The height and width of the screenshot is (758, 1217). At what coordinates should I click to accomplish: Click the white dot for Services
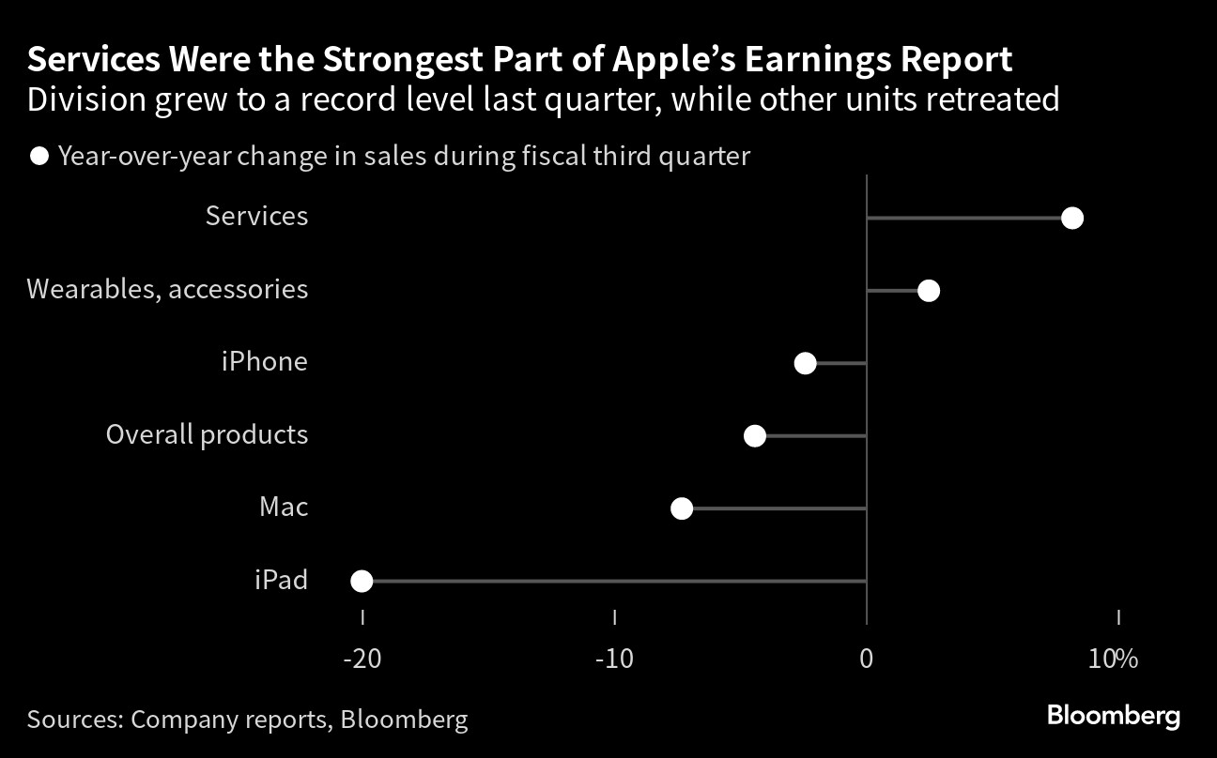coord(1072,219)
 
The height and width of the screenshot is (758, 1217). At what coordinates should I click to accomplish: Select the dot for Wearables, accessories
coord(929,291)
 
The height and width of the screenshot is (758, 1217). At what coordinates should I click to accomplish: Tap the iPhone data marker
coord(805,363)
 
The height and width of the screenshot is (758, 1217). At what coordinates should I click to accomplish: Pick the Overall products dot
coord(755,435)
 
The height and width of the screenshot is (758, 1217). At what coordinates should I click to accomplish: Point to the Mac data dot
coord(682,508)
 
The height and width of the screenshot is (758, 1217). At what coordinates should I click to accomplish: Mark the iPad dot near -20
coord(362,581)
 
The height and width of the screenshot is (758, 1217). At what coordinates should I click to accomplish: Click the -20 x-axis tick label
coord(362,659)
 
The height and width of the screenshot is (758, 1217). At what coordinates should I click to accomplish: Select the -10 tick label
coord(614,659)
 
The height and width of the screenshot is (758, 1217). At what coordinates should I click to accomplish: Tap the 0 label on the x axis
coord(867,659)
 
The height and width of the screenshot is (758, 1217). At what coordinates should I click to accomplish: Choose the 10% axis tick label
coord(1113,659)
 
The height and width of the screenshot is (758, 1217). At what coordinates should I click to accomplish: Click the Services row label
coord(256,216)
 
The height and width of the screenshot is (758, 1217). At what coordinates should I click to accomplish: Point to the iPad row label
coord(282,580)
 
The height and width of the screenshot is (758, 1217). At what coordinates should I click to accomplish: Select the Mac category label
coord(284,507)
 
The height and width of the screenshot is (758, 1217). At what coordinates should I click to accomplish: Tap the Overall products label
coord(207,435)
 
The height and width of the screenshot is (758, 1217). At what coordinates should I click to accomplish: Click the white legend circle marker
coord(39,157)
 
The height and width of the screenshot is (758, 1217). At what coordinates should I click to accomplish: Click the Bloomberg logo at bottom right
coord(1114,716)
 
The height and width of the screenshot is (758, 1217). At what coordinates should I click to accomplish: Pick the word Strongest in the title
coord(403,60)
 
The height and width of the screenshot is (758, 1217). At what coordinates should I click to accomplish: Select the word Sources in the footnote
coord(75,719)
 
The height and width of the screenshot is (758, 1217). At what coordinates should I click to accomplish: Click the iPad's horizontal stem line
coord(614,581)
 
